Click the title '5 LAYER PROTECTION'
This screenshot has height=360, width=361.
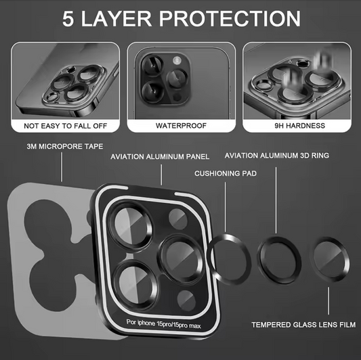pyautogui.click(x=181, y=18)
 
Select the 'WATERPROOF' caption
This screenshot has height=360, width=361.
pyautogui.click(x=180, y=125)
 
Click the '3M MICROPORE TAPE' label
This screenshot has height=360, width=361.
pyautogui.click(x=62, y=146)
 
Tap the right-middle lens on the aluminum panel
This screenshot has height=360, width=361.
pyautogui.click(x=181, y=254)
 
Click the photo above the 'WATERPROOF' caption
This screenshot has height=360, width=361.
pyautogui.click(x=180, y=80)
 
